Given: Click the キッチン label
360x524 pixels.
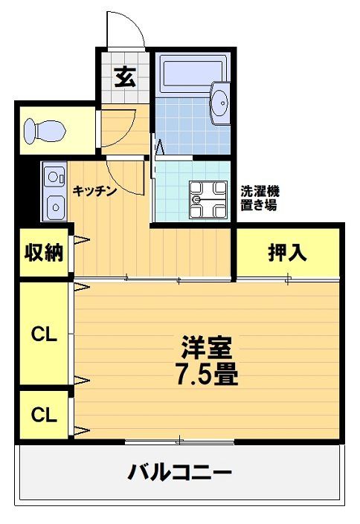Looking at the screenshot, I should pos(94,190).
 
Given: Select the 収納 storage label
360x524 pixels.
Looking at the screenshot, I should pos(44,253).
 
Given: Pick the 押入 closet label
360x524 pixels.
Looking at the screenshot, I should pos(287,253).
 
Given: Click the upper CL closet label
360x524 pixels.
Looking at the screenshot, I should pos(44,335).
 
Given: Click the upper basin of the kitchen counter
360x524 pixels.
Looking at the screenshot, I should pos(54,178).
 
